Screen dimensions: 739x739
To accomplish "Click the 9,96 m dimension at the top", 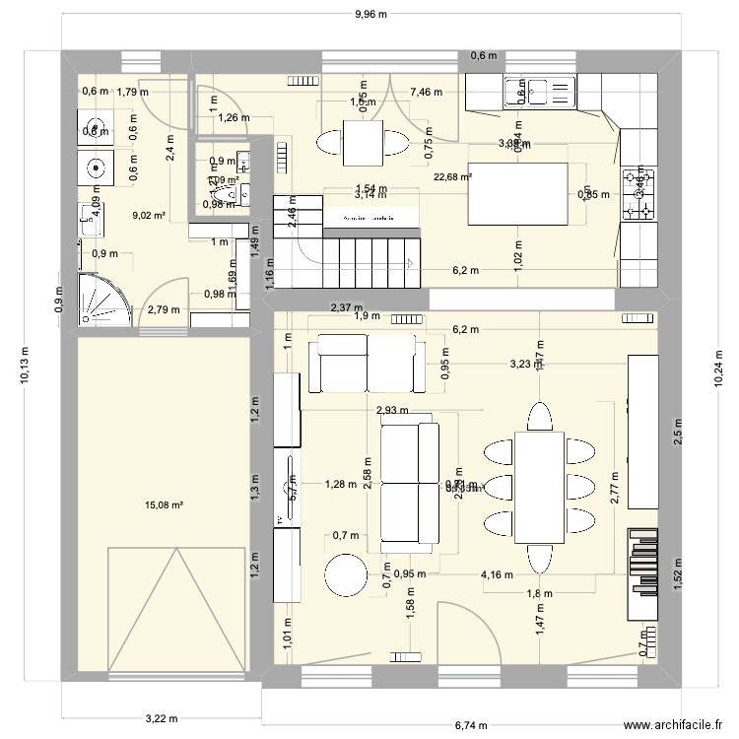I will pos(370,14).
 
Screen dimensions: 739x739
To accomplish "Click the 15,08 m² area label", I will pos(165,505).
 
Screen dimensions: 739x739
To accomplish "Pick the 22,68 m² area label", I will pos(452,177).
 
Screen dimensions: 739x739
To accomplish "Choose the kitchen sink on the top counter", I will pos(531,91).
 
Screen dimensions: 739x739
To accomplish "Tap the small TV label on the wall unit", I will pos(281,518).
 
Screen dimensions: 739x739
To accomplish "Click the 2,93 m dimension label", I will pos(392,410).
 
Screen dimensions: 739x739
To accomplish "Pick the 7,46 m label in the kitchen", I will pos(426,93).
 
